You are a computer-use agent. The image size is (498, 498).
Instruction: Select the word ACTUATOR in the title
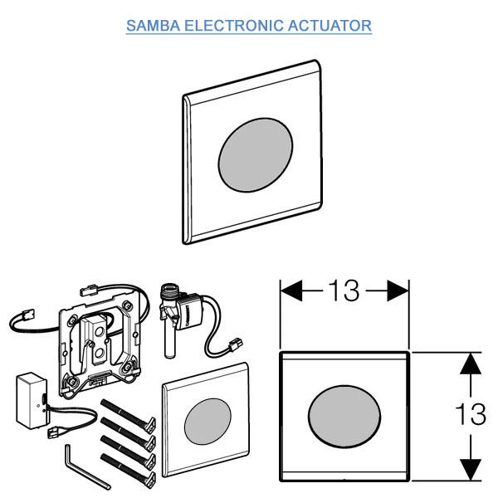point(329,26)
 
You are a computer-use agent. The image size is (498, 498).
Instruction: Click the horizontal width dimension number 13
point(342,291)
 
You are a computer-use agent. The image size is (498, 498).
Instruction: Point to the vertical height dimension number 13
point(471,413)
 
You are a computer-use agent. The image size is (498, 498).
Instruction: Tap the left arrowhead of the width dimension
point(286,290)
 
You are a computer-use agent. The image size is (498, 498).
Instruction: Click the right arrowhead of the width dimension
point(403,290)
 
